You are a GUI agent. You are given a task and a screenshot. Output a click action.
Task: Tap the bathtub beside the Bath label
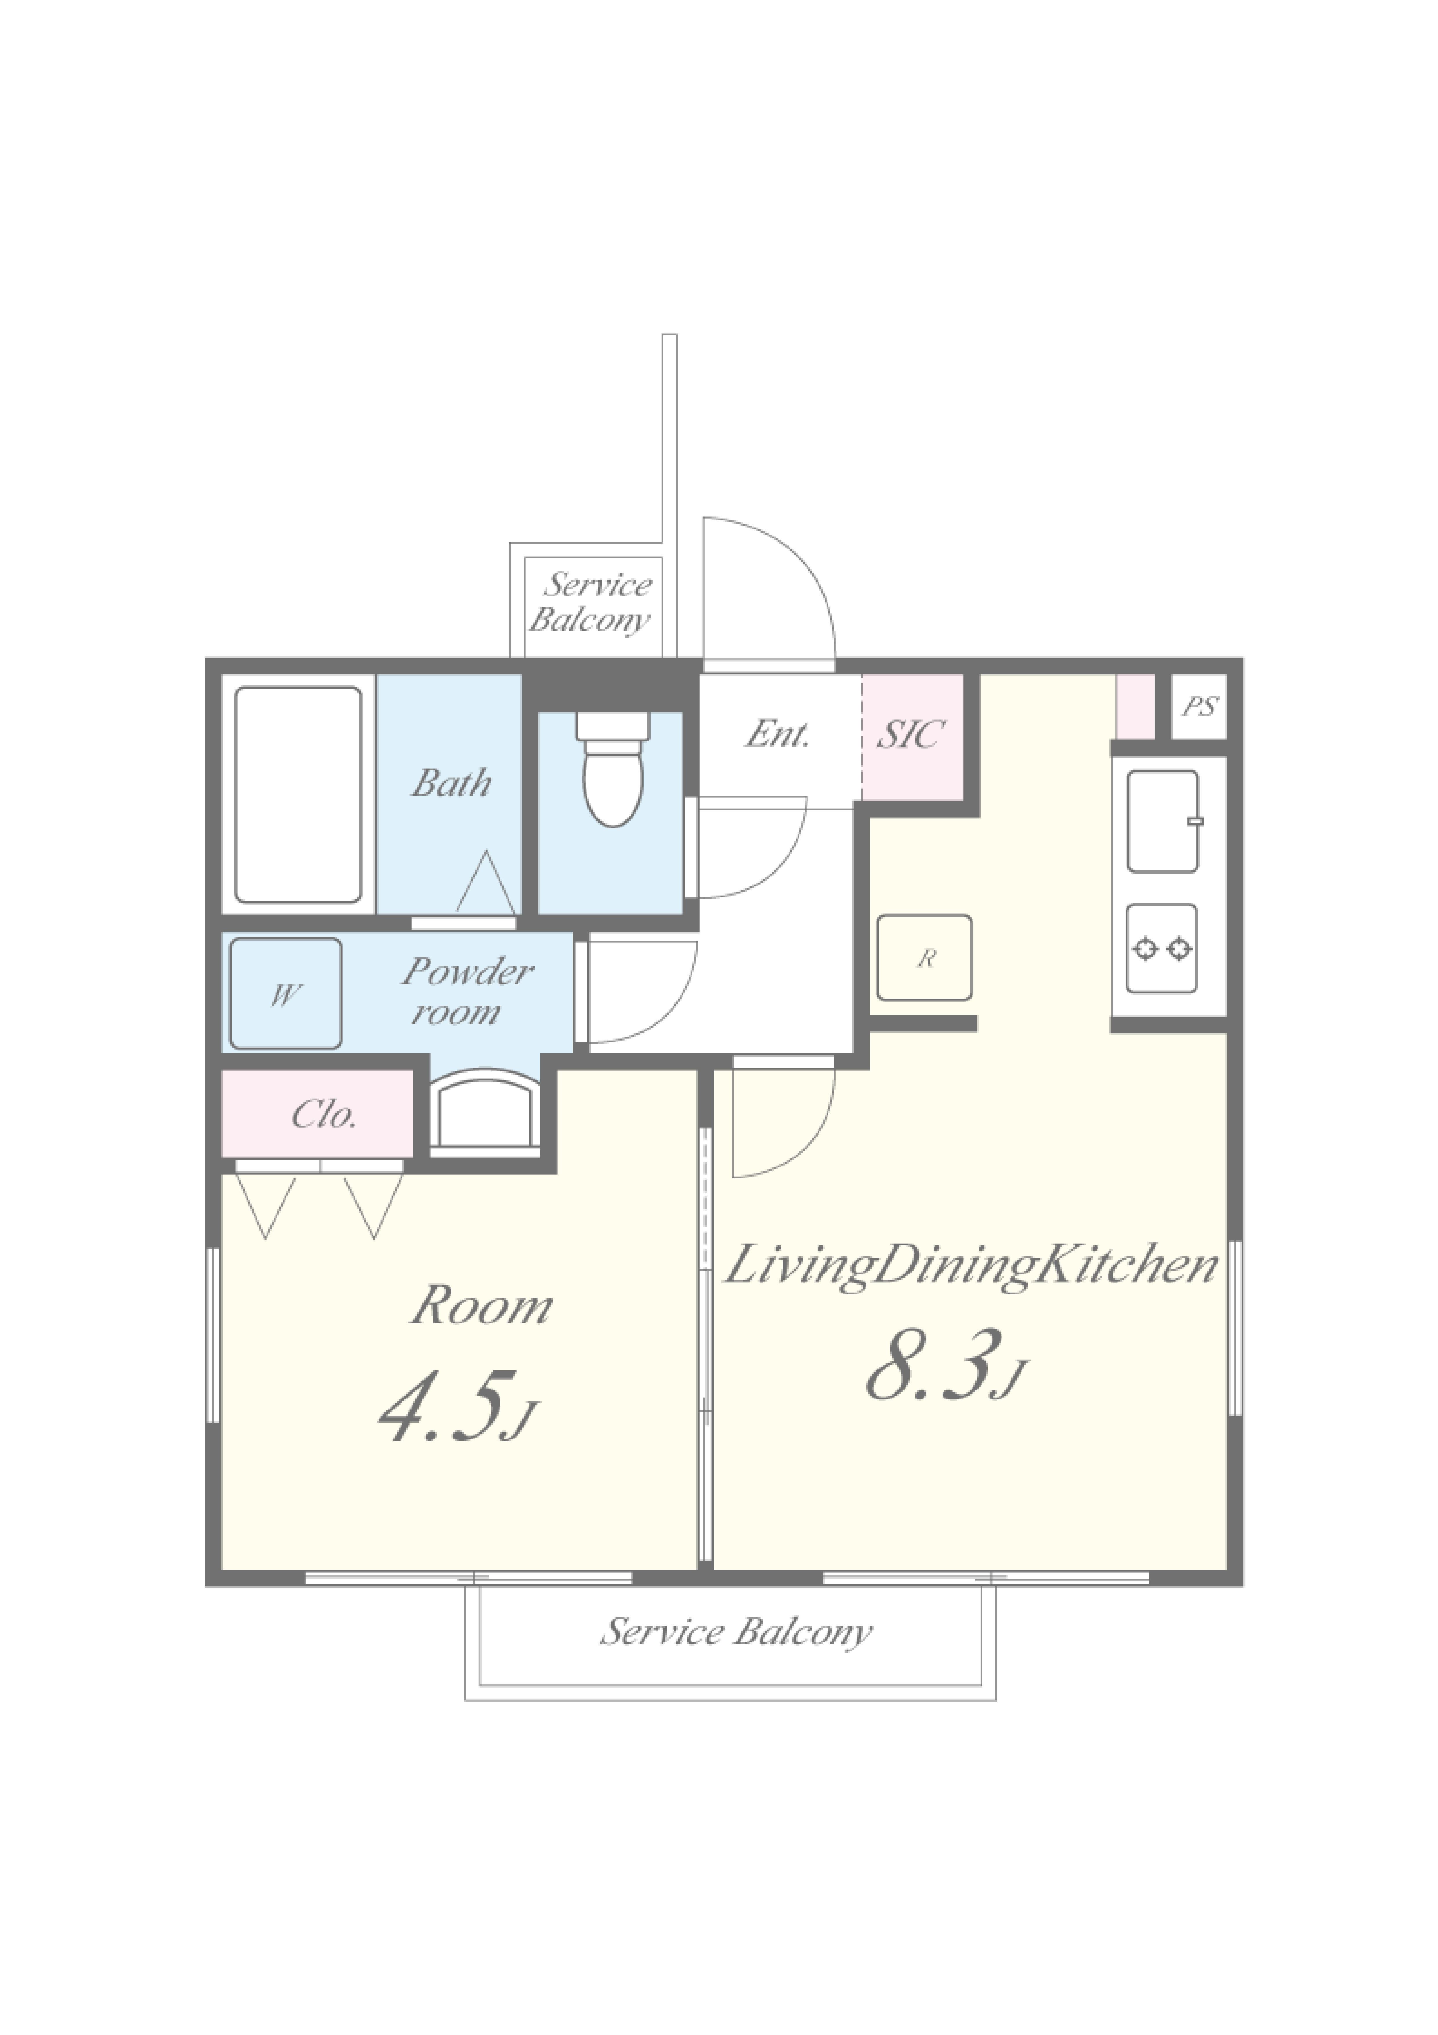[x=298, y=795]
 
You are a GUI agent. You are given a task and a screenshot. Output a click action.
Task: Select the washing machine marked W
[x=285, y=994]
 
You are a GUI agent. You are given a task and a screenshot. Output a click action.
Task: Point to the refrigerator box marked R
[x=925, y=958]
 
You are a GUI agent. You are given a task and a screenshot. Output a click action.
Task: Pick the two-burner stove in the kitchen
[x=1162, y=948]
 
